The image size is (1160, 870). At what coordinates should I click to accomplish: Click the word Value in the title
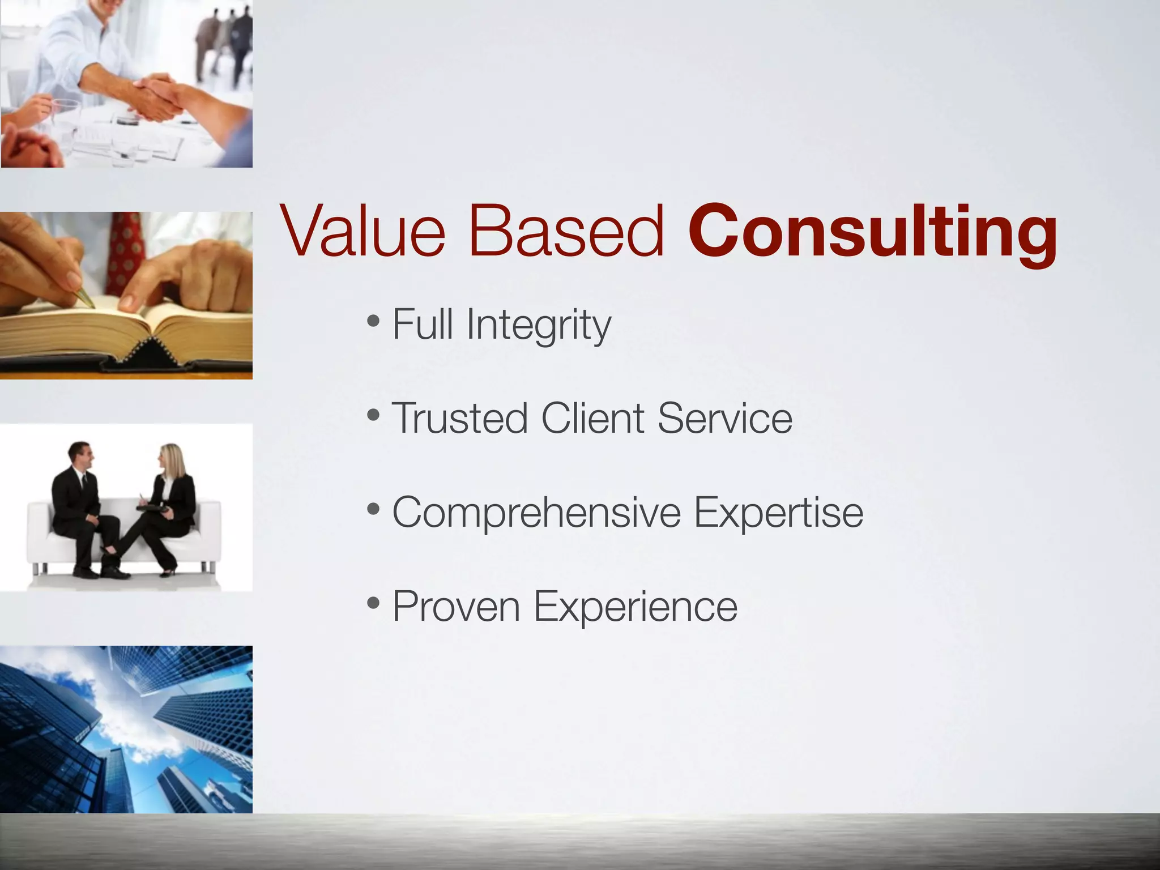(362, 232)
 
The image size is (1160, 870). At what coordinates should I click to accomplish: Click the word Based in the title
(566, 232)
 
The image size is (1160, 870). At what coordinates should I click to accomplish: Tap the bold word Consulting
(872, 233)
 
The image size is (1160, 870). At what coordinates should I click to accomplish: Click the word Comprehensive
(536, 513)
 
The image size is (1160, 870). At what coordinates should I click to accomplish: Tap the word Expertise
(778, 513)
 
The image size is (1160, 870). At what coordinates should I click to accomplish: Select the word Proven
(456, 606)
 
